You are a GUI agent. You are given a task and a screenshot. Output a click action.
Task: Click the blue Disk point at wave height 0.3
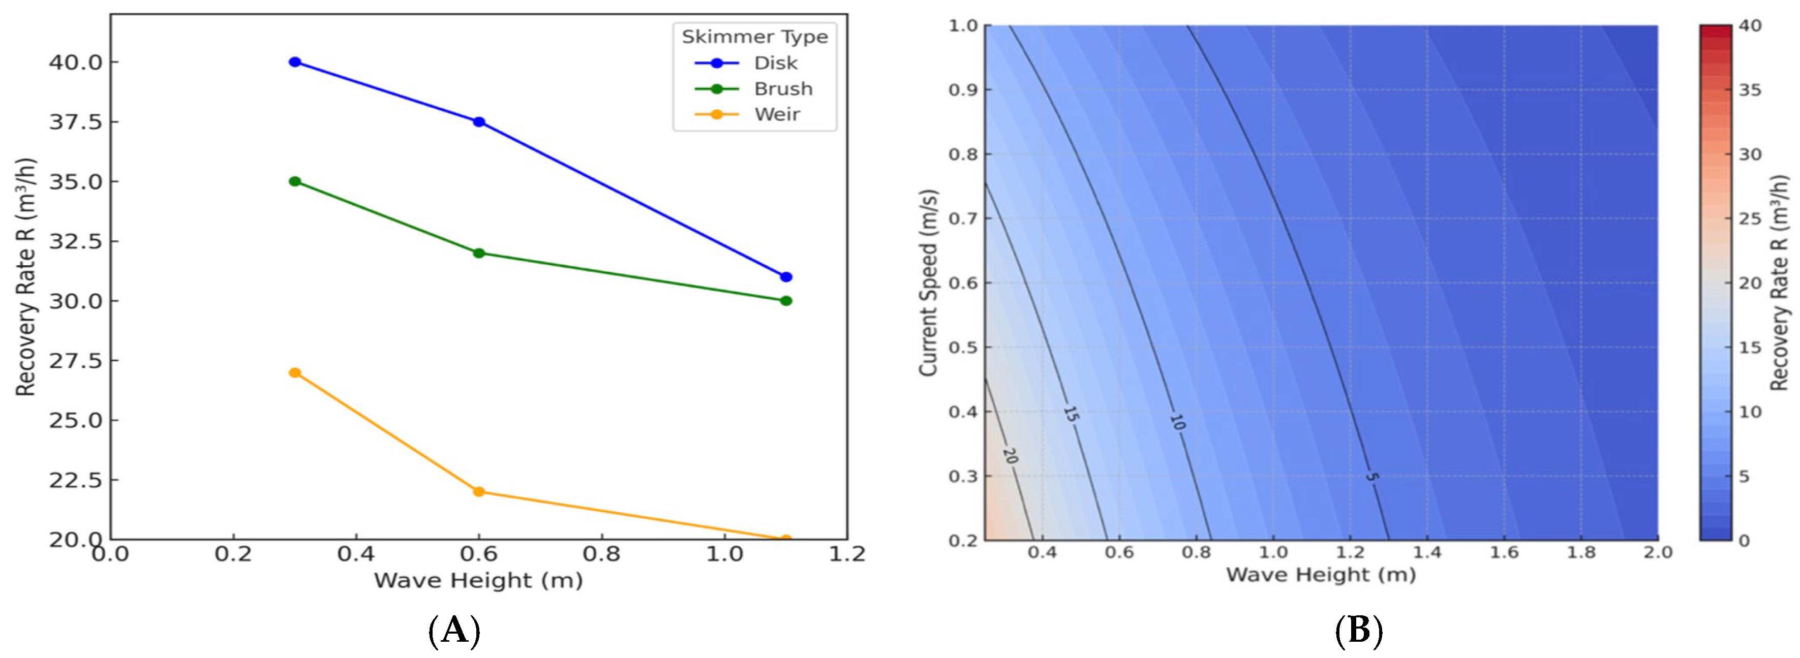tap(295, 62)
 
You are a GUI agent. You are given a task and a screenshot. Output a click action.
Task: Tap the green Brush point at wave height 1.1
tap(785, 301)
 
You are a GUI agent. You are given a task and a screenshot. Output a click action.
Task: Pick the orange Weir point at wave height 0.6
tap(479, 492)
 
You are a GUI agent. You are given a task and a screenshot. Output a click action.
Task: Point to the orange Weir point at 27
tap(295, 372)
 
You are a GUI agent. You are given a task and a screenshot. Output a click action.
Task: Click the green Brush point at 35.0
tap(295, 181)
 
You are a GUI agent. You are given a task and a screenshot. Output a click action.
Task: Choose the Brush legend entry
tap(753, 89)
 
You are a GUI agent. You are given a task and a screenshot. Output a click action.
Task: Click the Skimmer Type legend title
tap(755, 37)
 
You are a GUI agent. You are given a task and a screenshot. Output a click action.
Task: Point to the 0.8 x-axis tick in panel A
tap(602, 555)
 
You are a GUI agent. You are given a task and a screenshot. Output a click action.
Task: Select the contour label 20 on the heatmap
tap(1010, 455)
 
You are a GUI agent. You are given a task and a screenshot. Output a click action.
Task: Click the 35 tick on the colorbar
tap(1750, 90)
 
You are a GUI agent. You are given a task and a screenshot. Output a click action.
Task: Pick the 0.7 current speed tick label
tap(963, 218)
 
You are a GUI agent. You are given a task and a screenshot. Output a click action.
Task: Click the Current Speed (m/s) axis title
tap(928, 283)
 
